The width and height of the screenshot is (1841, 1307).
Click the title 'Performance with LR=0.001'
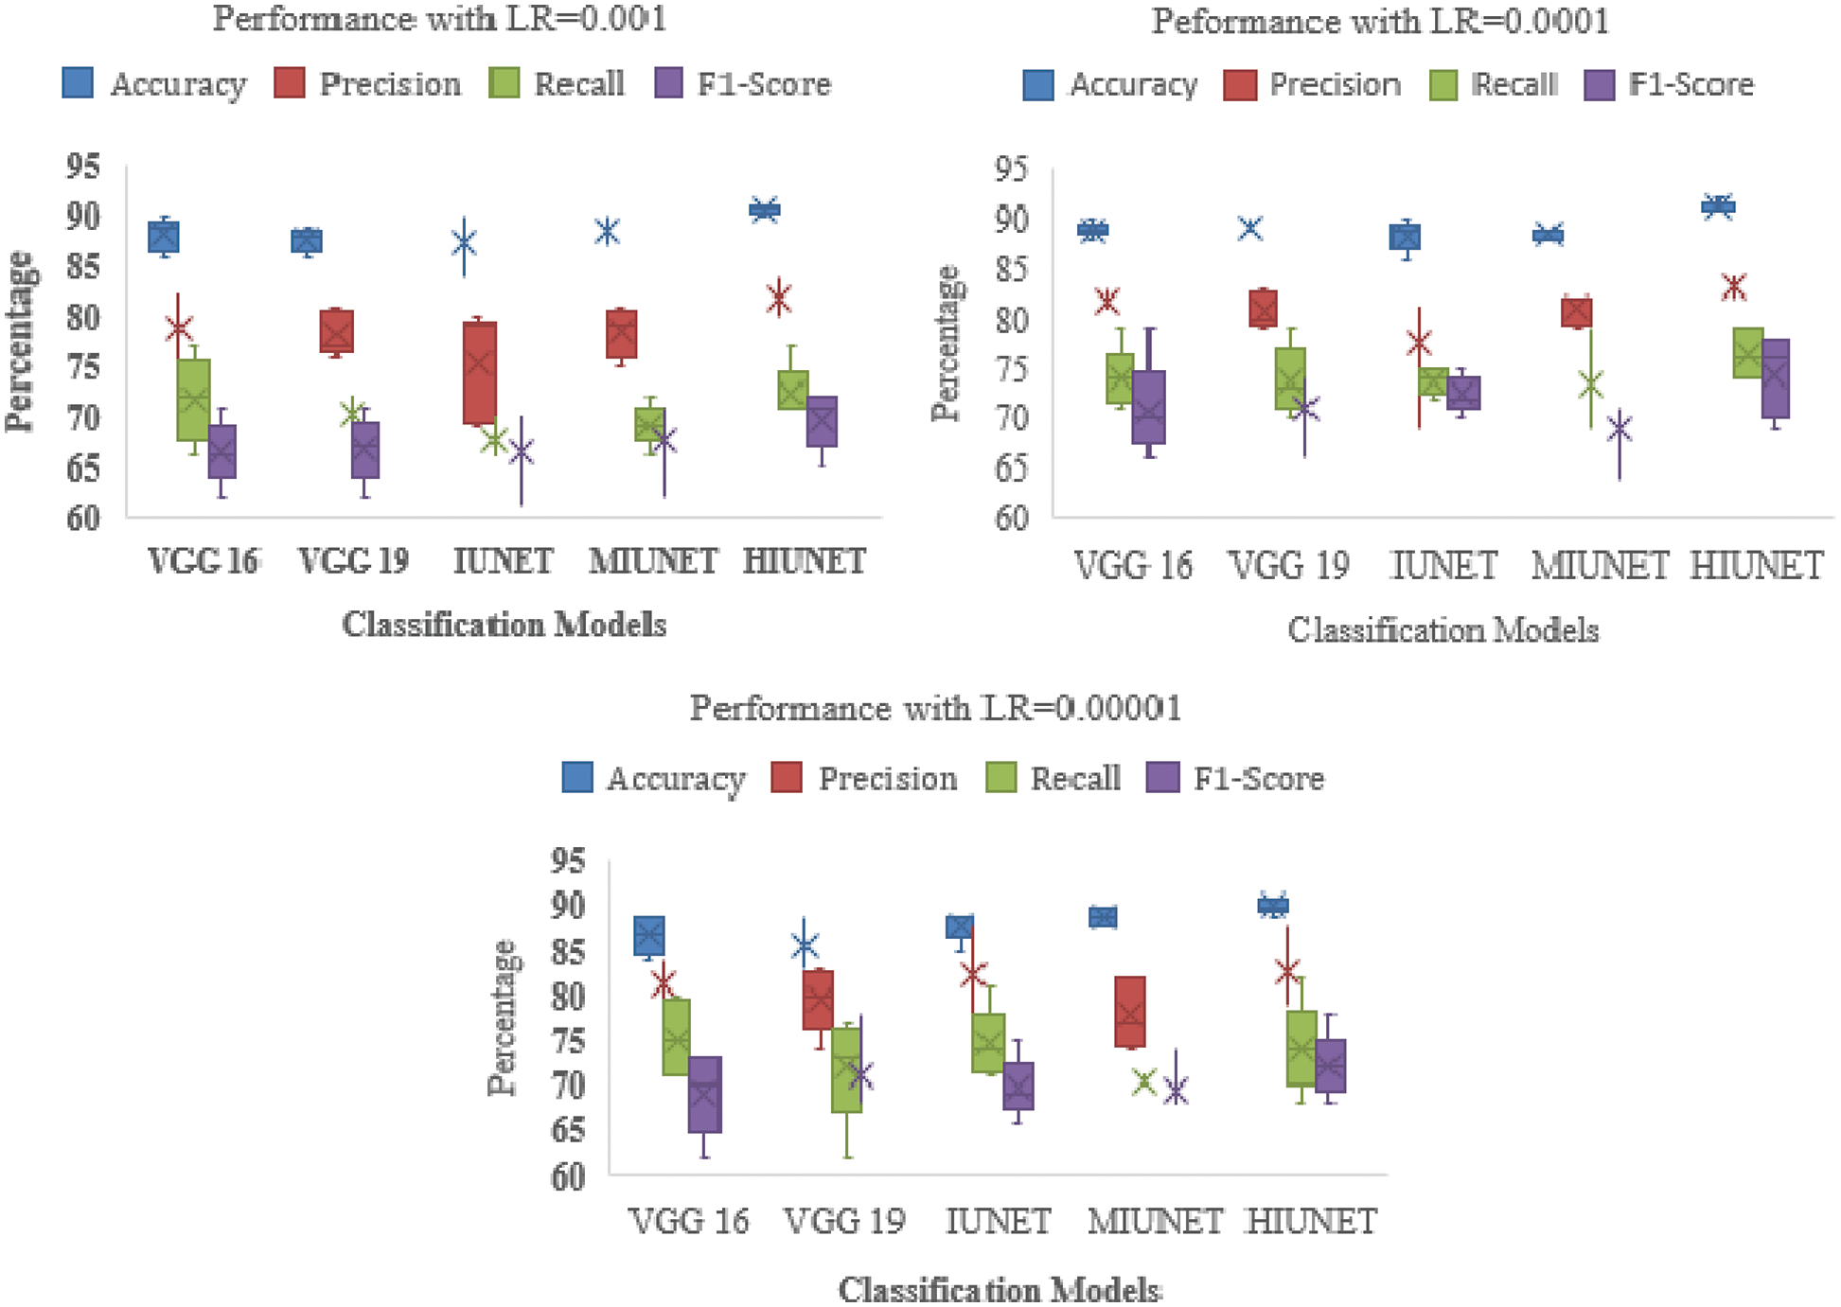point(439,18)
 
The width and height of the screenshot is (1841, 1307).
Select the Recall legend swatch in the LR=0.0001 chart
point(1443,85)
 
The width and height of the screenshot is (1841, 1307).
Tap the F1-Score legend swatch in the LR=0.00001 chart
point(1163,777)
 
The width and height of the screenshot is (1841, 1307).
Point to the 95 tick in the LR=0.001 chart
point(82,167)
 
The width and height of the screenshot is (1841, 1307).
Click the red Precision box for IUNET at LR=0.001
point(479,373)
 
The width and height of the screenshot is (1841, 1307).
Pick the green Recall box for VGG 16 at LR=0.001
point(193,399)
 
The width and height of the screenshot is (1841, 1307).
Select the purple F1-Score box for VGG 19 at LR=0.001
point(364,450)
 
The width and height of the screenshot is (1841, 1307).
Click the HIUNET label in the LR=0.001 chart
point(805,561)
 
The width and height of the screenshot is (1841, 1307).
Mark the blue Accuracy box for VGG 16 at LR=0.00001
point(648,936)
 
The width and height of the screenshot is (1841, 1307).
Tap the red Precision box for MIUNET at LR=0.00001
point(1129,1012)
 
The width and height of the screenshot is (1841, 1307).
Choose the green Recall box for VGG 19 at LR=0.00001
point(846,1069)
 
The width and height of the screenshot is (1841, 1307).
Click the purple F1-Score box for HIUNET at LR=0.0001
point(1775,378)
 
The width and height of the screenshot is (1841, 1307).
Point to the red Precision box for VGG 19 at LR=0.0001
point(1263,309)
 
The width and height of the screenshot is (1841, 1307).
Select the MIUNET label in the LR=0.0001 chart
point(1600,566)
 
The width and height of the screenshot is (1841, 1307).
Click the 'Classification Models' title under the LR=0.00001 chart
point(1000,1289)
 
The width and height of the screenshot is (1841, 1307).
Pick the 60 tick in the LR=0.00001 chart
point(568,1176)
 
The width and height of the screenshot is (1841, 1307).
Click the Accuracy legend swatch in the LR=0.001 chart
point(78,83)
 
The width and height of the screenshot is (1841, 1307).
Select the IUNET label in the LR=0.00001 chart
point(998,1221)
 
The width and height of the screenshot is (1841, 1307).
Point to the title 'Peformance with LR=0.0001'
point(1380,21)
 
